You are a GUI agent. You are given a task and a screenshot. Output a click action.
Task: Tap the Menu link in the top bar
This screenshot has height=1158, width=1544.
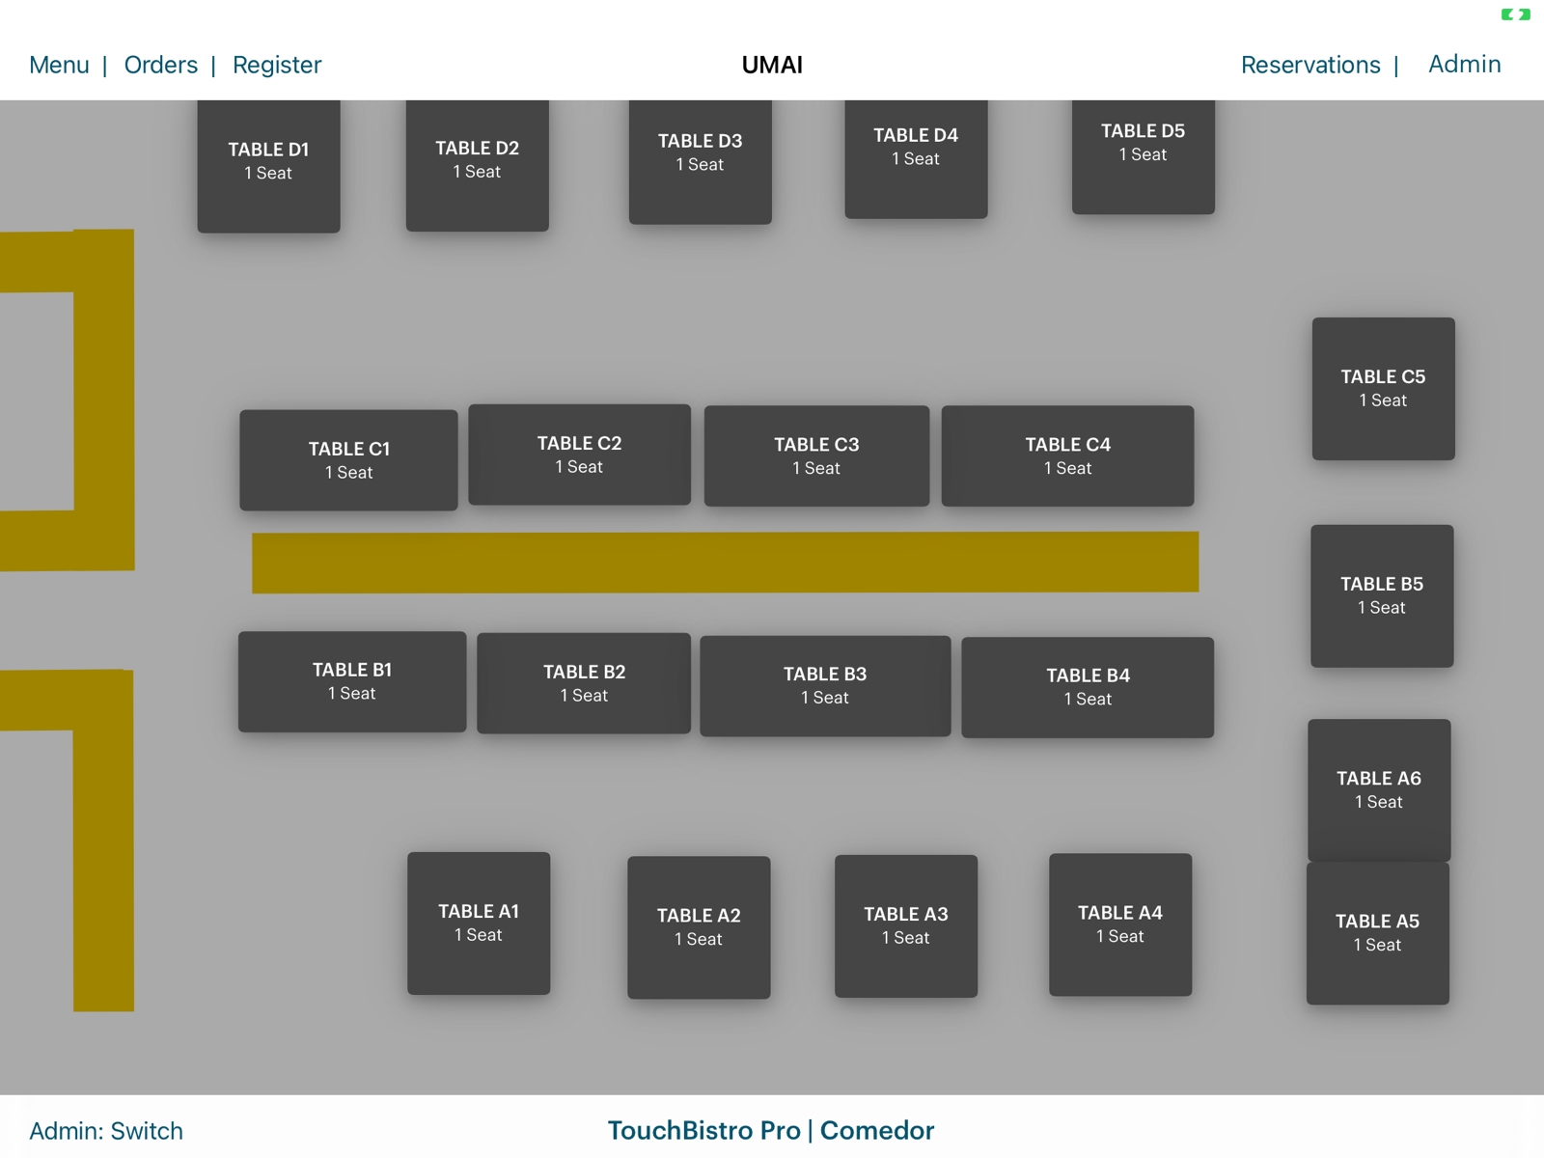[59, 65]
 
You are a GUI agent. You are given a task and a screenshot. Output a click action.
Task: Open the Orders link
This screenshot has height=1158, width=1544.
[160, 65]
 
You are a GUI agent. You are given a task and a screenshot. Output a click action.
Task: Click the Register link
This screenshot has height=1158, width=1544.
[277, 65]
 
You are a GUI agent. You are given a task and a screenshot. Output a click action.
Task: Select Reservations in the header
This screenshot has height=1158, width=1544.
[1310, 65]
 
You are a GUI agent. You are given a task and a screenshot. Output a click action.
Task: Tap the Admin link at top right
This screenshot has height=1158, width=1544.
[1464, 64]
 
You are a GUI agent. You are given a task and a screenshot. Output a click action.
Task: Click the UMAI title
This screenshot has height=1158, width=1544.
[772, 65]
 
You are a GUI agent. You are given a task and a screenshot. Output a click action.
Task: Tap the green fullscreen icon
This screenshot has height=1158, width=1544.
[1515, 14]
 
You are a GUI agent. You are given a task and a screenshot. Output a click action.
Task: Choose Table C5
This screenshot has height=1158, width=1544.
[1383, 388]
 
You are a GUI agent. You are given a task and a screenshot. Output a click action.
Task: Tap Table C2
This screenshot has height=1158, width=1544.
[579, 455]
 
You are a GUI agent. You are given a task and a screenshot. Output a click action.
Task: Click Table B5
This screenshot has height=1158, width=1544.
[1382, 595]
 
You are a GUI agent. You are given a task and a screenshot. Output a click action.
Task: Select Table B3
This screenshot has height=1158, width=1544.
[825, 685]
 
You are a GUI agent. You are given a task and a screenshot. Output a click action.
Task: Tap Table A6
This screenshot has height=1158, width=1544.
[1379, 789]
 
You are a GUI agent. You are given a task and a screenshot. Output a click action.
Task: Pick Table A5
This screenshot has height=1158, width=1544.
[1377, 933]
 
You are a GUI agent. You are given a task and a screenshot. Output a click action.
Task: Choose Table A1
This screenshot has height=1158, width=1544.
[479, 923]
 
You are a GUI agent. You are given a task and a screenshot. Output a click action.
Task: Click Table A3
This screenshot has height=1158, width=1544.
[905, 925]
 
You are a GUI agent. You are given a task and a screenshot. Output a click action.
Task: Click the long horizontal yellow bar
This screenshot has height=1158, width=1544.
[725, 562]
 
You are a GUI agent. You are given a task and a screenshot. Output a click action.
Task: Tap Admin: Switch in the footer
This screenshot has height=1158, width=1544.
[106, 1130]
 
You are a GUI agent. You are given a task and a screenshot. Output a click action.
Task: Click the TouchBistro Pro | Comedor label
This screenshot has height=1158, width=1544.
[771, 1130]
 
